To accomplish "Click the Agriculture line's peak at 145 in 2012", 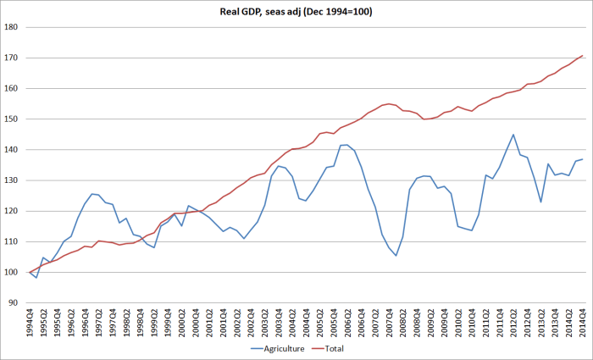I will tap(513, 135).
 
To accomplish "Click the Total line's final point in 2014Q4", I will tap(583, 56).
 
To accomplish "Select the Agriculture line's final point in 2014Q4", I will tap(583, 159).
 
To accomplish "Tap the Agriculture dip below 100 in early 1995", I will tap(36, 277).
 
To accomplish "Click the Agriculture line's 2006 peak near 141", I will tap(347, 145).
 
